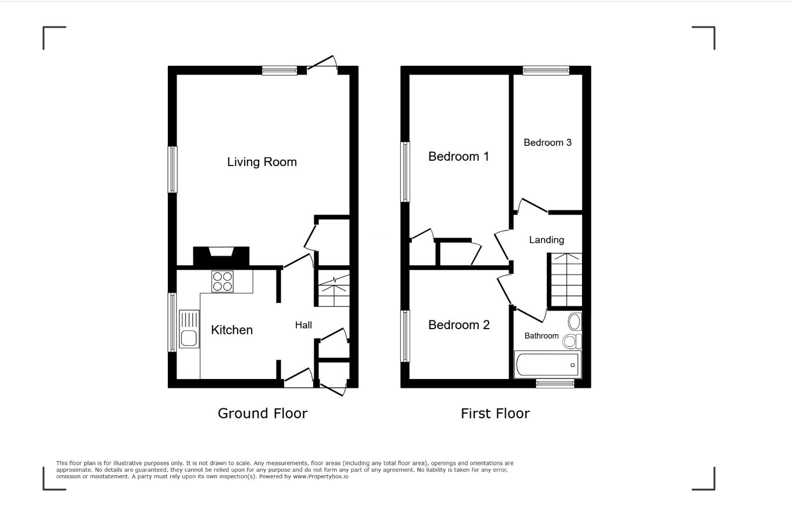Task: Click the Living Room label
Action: point(262,162)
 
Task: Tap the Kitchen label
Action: point(232,330)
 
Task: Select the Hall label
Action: point(303,325)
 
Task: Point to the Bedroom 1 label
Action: point(459,156)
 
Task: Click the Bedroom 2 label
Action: point(459,324)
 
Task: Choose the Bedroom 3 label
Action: point(547,143)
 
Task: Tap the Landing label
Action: point(546,240)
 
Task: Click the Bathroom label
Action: point(541,336)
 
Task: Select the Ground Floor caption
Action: point(262,413)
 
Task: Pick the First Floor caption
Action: point(495,413)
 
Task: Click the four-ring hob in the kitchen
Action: point(222,282)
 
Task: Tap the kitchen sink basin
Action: point(189,339)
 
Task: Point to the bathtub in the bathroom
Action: point(547,365)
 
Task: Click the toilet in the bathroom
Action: point(573,341)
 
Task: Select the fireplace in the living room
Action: point(221,256)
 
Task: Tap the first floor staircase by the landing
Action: point(566,279)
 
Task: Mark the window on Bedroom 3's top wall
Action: point(546,70)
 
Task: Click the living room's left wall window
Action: point(172,170)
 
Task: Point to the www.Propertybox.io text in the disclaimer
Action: point(320,476)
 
